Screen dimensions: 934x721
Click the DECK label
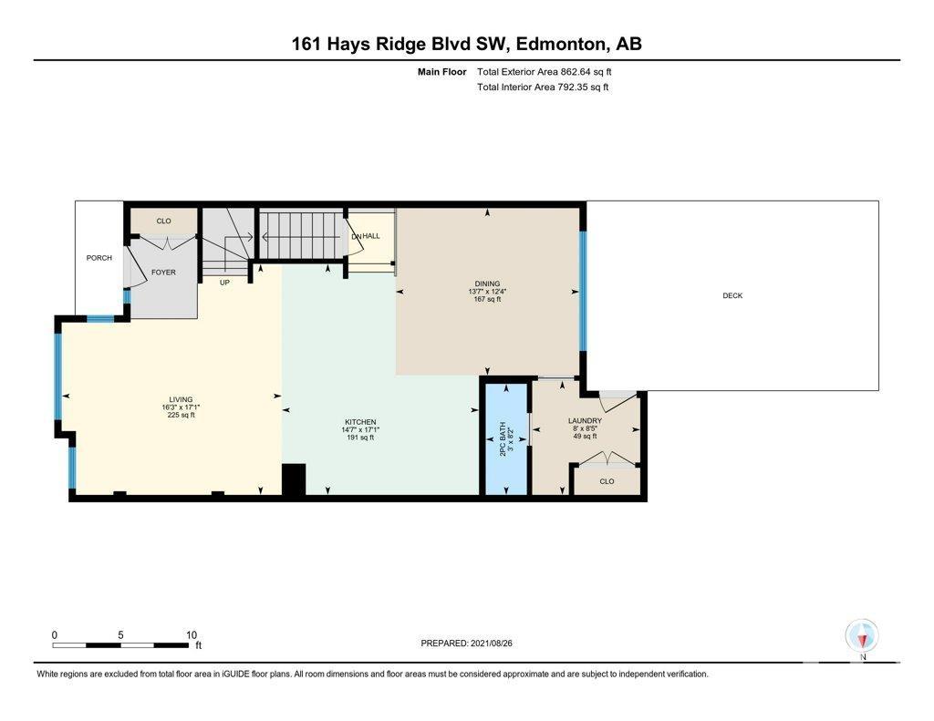[732, 295]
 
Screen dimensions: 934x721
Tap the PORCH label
[99, 258]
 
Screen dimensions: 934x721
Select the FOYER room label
[163, 273]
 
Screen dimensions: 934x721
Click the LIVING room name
[181, 399]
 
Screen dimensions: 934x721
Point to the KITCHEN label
[360, 422]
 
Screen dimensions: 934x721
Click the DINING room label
[487, 283]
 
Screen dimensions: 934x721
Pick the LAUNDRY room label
[585, 421]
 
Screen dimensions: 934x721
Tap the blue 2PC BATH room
[505, 438]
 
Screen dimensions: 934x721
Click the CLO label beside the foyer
[163, 221]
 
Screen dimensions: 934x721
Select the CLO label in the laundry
[607, 481]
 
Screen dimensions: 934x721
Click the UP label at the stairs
[224, 283]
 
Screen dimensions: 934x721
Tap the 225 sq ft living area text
[182, 415]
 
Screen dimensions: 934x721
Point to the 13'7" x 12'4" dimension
[487, 292]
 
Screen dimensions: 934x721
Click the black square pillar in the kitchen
[294, 479]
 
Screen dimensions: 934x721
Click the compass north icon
[862, 636]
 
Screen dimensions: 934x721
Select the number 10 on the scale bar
[192, 635]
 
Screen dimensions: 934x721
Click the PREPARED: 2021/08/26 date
[466, 643]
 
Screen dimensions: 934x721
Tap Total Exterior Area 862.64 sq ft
[545, 72]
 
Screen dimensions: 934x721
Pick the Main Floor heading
[442, 72]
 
